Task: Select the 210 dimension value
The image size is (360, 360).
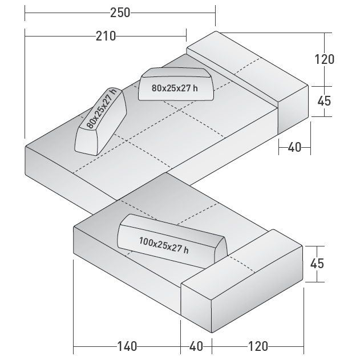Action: tap(106, 37)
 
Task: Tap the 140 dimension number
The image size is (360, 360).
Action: tap(127, 346)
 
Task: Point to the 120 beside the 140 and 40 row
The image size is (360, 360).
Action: tap(257, 346)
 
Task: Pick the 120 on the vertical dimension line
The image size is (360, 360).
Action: tap(324, 59)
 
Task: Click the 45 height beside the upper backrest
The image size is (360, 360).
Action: tap(324, 100)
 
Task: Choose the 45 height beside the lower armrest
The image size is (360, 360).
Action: tap(317, 263)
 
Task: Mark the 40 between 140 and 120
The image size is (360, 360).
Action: tap(196, 346)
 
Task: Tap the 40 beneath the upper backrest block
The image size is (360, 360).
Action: tap(294, 147)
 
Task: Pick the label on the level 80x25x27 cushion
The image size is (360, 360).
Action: tap(175, 88)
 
